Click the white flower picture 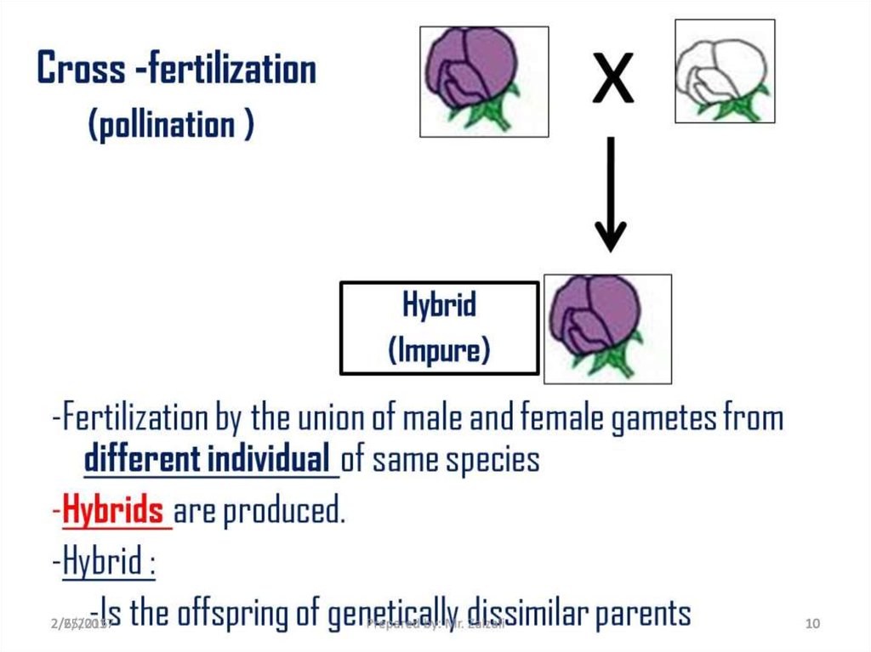click(x=724, y=71)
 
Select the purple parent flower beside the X click(x=483, y=81)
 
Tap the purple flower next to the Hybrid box click(x=606, y=328)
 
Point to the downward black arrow click(x=609, y=196)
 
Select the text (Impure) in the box click(x=439, y=349)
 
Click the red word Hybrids click(x=113, y=512)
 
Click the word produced click(x=284, y=512)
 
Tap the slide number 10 click(x=811, y=625)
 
